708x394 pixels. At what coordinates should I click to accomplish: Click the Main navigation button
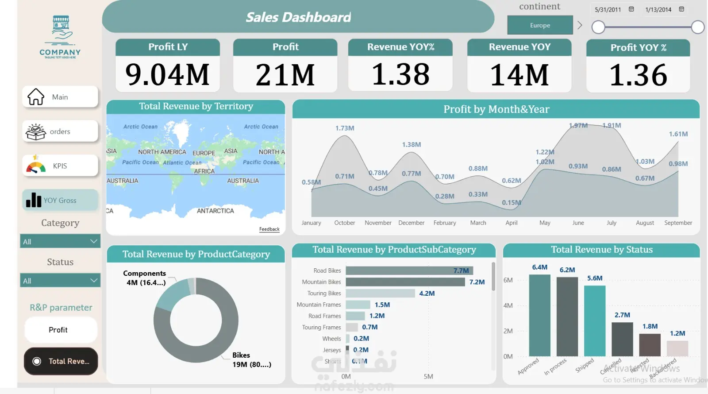[60, 97]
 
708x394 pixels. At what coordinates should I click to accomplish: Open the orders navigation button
[60, 131]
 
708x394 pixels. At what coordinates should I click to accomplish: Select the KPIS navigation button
[60, 166]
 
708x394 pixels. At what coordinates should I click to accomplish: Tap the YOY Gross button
[60, 201]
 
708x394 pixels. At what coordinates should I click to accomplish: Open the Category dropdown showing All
[60, 241]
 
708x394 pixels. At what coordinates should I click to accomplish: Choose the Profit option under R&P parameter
[60, 330]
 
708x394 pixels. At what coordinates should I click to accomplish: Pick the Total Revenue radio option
[61, 361]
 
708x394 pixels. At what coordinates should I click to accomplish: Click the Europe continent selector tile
[540, 25]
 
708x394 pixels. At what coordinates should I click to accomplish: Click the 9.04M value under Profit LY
[167, 74]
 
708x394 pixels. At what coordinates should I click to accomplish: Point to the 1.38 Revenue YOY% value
[400, 74]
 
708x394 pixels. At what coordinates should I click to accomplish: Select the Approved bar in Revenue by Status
[539, 315]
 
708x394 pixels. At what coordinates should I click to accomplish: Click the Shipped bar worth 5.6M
[595, 321]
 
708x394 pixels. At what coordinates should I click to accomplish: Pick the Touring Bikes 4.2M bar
[380, 294]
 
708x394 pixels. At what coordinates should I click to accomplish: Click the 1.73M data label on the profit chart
[345, 128]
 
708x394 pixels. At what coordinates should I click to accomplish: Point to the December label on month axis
[411, 223]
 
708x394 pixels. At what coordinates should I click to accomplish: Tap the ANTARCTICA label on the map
[215, 211]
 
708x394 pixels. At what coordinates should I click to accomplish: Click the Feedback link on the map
[269, 229]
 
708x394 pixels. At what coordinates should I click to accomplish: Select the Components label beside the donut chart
[144, 274]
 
